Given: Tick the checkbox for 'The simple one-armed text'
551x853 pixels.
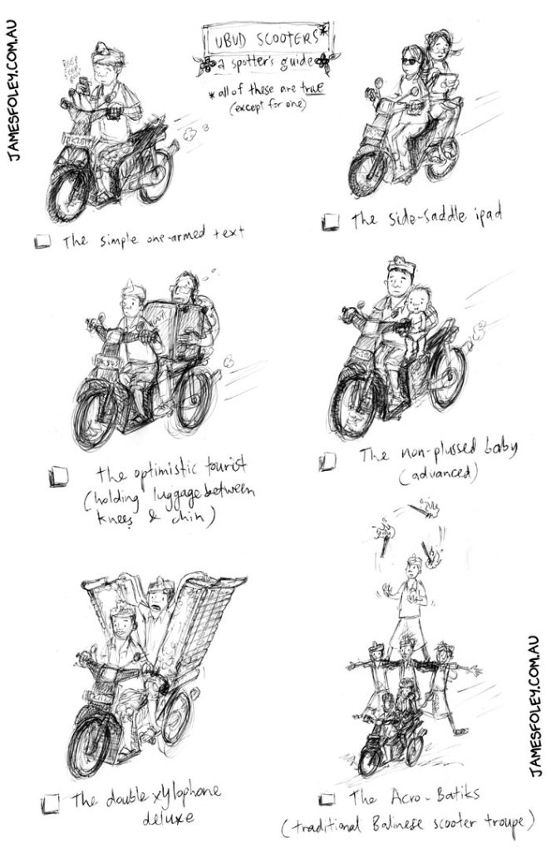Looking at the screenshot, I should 42,241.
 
